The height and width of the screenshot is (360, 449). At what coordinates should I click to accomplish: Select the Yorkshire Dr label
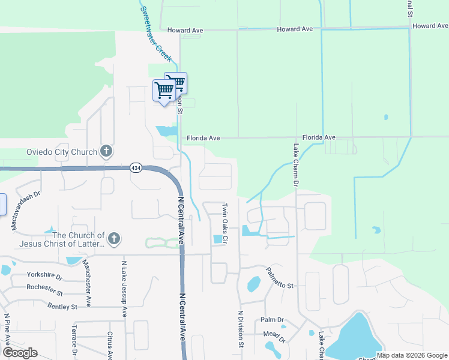44,275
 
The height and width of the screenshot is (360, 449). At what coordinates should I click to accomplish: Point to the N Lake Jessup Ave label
124,289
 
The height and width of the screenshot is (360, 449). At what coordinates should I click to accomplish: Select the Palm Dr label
271,320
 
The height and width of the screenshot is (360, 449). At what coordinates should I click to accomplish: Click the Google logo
20,353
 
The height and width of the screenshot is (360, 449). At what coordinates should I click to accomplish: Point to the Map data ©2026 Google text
412,355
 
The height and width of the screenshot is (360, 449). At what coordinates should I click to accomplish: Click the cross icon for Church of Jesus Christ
113,239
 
